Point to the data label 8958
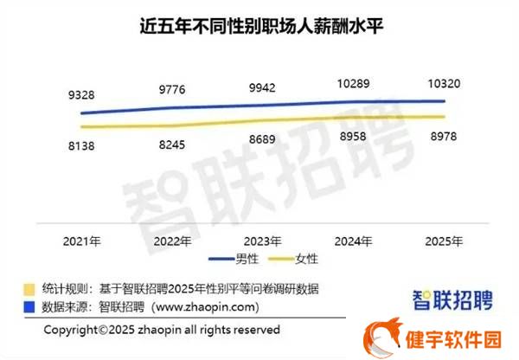pos(353,135)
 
